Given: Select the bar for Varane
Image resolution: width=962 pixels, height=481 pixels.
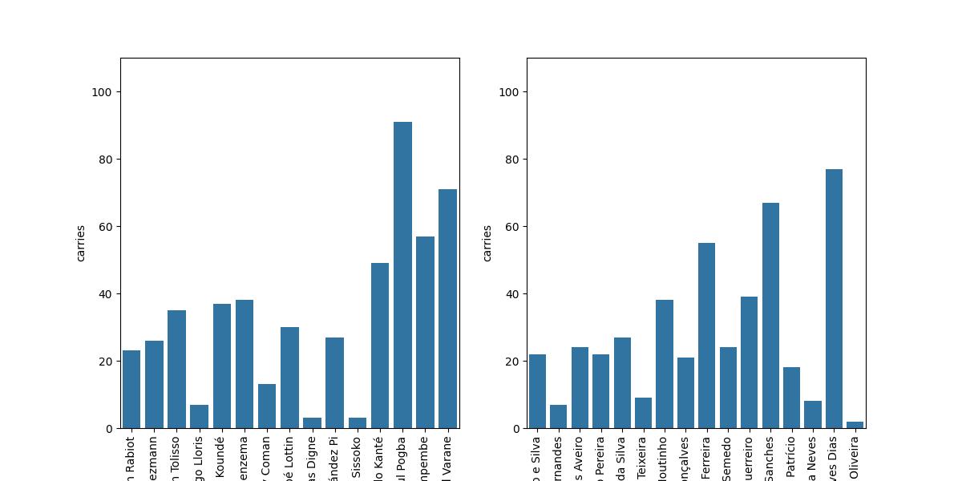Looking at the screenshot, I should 447,309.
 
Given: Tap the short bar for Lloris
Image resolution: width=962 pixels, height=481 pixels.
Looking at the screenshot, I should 199,417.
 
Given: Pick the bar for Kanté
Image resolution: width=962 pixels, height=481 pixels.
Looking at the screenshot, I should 380,346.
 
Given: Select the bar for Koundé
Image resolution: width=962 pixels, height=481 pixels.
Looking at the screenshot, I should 222,366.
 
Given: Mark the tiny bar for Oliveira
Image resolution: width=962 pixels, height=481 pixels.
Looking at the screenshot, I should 855,425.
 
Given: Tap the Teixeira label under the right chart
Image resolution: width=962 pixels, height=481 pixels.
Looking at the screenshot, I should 643,458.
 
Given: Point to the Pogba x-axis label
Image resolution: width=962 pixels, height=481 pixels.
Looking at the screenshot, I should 402,458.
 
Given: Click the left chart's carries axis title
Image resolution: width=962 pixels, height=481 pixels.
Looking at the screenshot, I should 81,243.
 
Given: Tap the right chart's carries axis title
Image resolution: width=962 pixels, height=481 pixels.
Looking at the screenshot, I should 487,243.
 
